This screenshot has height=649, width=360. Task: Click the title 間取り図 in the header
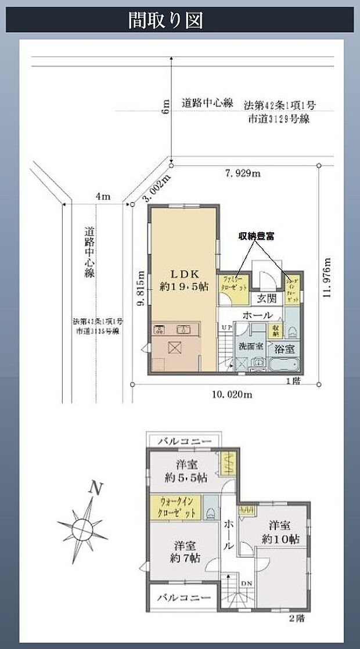(165, 21)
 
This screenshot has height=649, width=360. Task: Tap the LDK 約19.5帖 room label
(183, 279)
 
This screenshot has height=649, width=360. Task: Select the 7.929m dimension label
(242, 173)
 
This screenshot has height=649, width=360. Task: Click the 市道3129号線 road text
(279, 119)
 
